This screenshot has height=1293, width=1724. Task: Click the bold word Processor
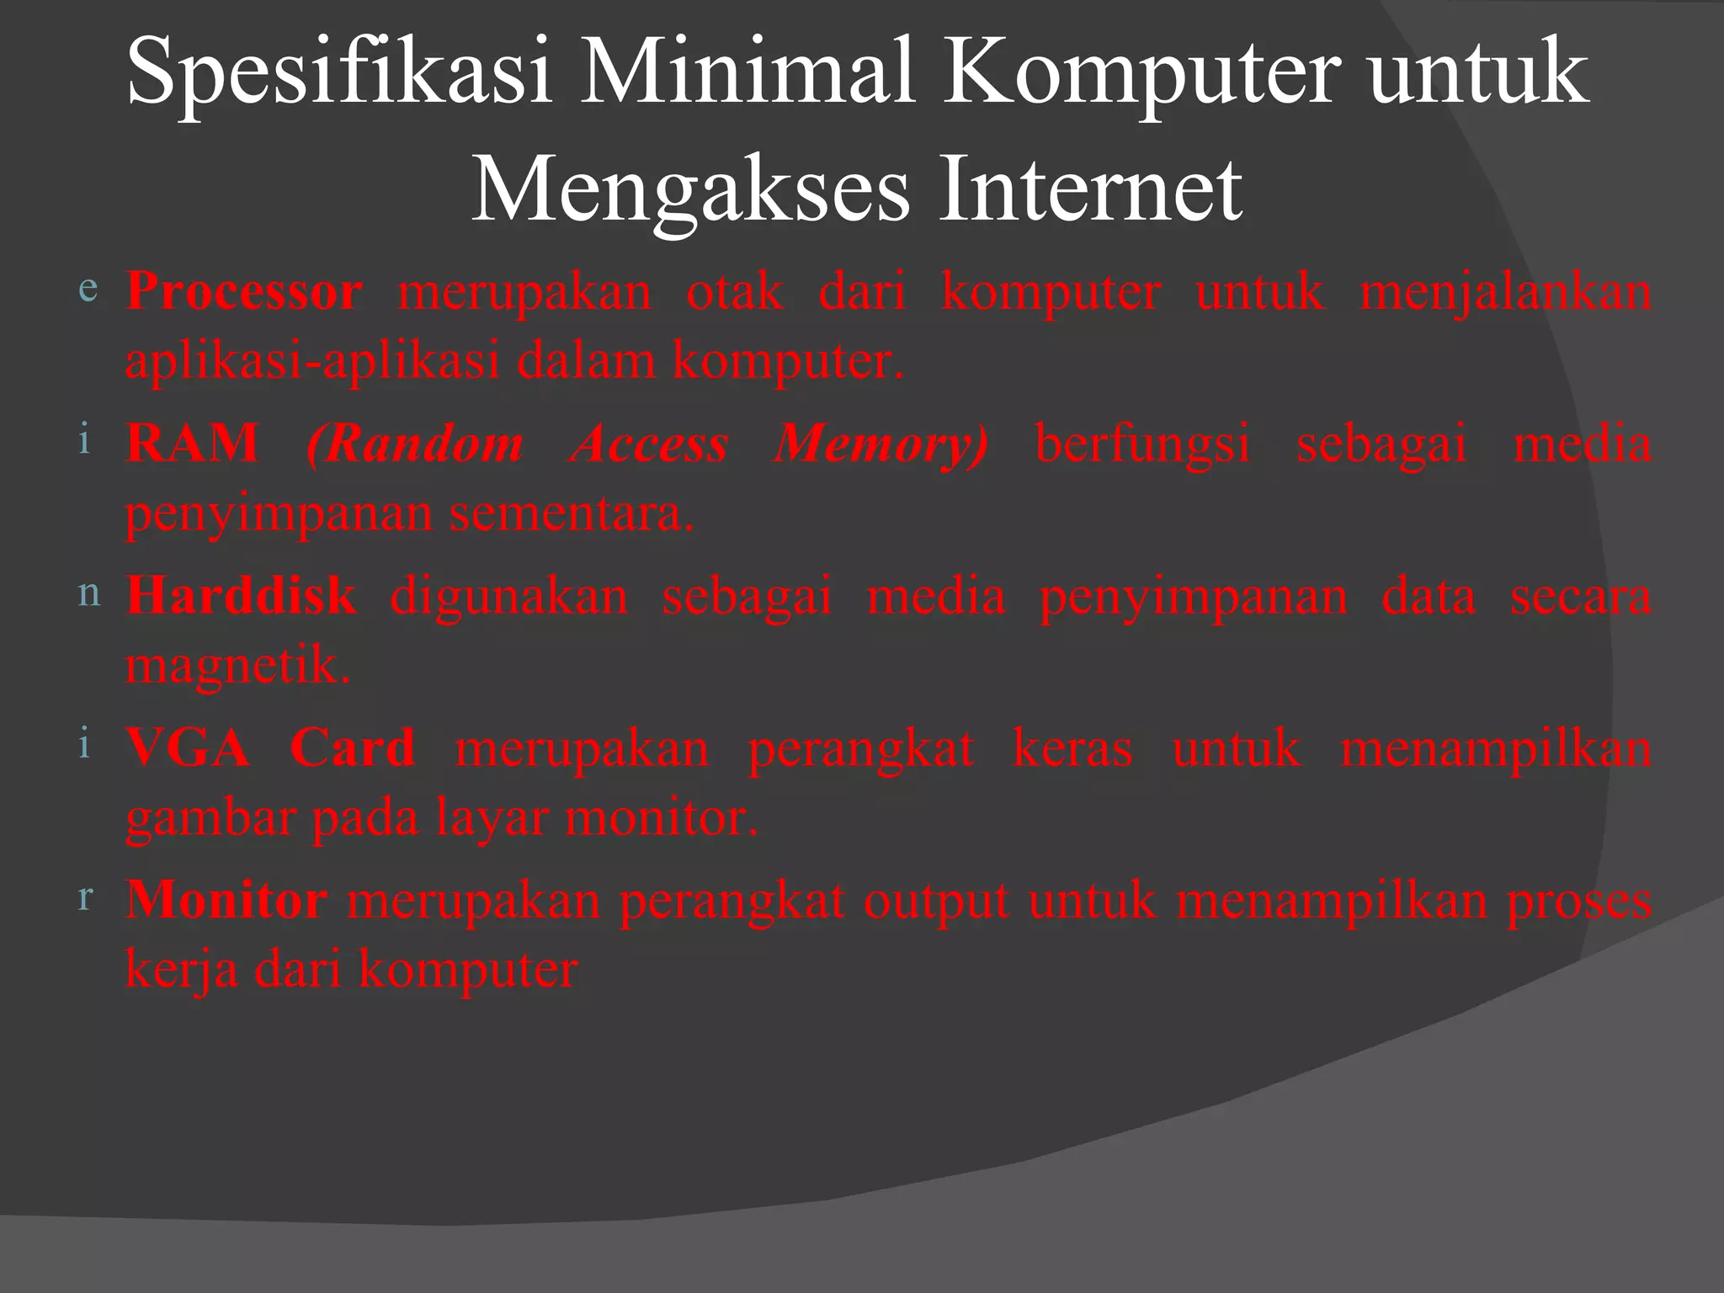[x=244, y=293]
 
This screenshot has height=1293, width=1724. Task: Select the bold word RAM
[x=192, y=444]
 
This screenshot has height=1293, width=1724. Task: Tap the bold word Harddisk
[x=242, y=596]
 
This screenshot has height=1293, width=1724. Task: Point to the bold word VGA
[x=188, y=748]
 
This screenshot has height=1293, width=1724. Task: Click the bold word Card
[x=352, y=748]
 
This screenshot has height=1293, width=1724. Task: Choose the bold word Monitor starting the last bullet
[x=226, y=900]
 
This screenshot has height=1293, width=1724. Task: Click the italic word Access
[x=649, y=444]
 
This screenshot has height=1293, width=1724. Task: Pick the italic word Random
[x=415, y=444]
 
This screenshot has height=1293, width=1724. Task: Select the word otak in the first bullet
[x=734, y=293]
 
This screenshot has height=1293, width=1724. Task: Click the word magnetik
[x=237, y=666]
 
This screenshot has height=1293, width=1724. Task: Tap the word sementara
[x=572, y=513]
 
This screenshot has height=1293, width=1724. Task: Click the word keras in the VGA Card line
[x=1072, y=748]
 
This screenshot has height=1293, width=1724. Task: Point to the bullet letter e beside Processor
[x=87, y=288]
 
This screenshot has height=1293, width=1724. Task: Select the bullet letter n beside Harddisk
[x=88, y=593]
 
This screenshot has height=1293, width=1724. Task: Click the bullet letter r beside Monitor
[x=85, y=897]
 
